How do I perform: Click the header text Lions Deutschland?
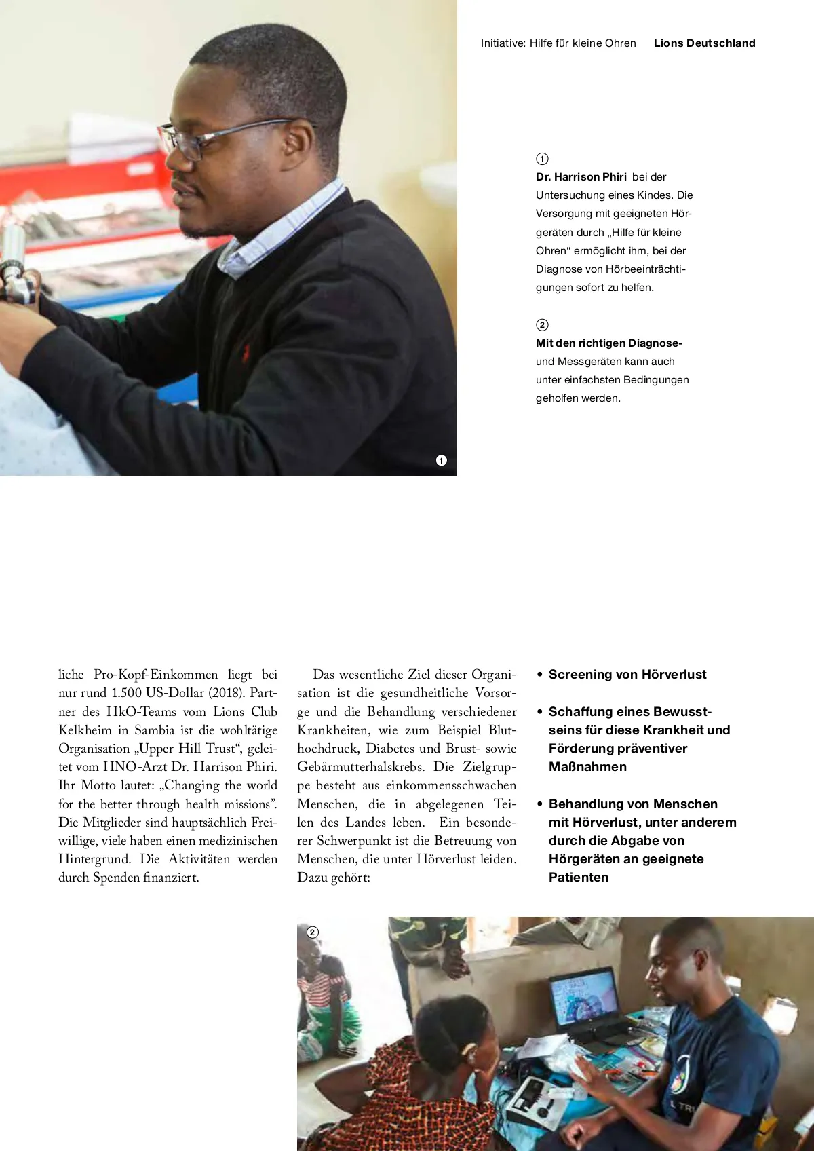click(704, 43)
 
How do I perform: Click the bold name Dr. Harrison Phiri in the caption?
click(581, 177)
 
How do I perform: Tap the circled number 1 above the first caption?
click(542, 159)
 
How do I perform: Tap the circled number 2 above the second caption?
click(542, 325)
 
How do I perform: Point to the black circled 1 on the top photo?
click(442, 461)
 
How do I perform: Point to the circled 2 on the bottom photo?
click(312, 932)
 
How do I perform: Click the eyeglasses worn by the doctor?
click(203, 139)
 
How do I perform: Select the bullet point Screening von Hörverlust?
click(627, 675)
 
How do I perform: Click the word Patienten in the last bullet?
click(579, 878)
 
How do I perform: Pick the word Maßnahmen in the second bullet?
click(587, 767)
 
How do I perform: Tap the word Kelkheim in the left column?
click(85, 730)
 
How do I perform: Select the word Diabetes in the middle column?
click(389, 749)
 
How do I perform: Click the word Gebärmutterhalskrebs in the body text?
click(361, 767)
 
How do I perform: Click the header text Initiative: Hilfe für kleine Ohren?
click(558, 43)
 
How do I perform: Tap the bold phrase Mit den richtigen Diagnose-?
click(608, 343)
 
